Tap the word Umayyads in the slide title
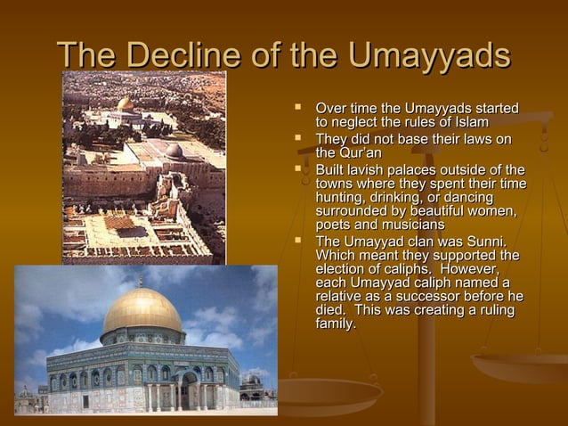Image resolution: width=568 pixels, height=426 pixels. click(429, 55)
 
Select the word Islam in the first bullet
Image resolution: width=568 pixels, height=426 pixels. click(467, 122)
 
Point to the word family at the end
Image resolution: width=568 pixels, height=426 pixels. click(336, 324)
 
